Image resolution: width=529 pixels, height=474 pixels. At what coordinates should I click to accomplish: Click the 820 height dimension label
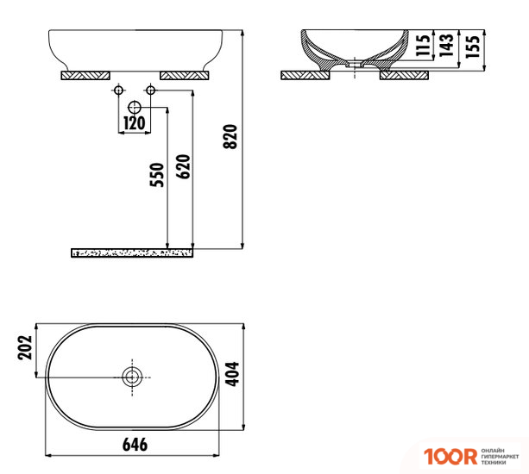click(x=230, y=136)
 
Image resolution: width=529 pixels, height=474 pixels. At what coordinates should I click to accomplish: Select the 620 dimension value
click(x=183, y=165)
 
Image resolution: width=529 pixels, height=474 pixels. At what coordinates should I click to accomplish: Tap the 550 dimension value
click(x=156, y=176)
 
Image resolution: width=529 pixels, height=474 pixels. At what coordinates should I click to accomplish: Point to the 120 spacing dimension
click(x=134, y=123)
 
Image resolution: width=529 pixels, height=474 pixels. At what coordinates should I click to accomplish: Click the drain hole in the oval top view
click(x=132, y=377)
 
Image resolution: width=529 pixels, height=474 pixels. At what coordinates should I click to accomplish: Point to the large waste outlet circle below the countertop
click(x=134, y=107)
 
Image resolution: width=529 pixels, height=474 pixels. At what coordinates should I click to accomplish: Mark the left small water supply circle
click(x=117, y=90)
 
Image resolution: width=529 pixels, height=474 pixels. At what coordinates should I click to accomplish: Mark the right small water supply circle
click(x=150, y=90)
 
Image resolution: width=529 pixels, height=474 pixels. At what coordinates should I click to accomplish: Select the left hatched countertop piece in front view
click(x=86, y=75)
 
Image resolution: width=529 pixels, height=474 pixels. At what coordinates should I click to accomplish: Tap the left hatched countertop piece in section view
click(x=309, y=75)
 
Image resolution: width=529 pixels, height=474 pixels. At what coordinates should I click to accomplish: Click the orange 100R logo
click(x=449, y=455)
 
